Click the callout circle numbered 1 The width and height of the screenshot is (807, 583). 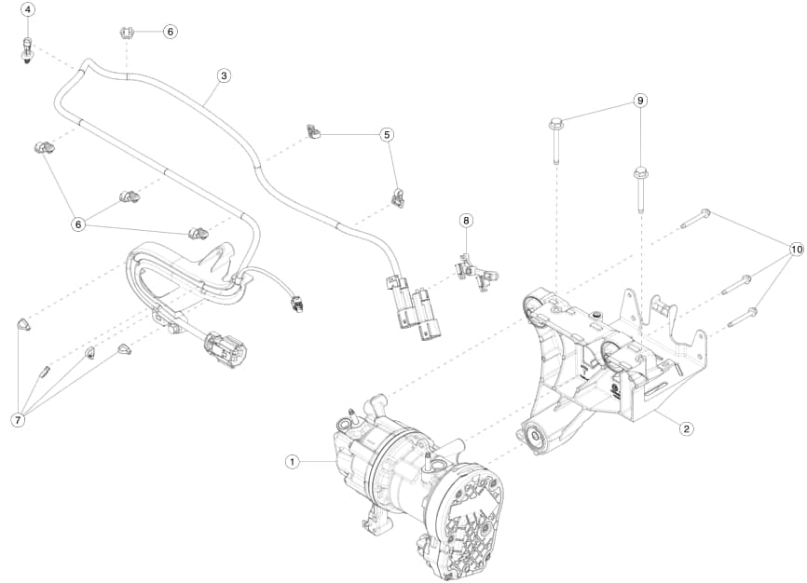click(292, 461)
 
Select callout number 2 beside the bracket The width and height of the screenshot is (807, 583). click(686, 429)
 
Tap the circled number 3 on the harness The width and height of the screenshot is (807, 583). click(223, 75)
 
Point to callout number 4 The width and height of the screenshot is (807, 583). click(28, 9)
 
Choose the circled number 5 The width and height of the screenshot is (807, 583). click(387, 134)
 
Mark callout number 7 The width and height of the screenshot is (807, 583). click(18, 420)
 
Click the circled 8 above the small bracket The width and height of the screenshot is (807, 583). click(467, 221)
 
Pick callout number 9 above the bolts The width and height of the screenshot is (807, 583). click(639, 100)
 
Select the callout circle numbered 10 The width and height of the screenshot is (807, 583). click(795, 250)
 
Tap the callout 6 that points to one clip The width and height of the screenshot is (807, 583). click(170, 31)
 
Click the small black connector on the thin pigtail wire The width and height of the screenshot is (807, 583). click(295, 304)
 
